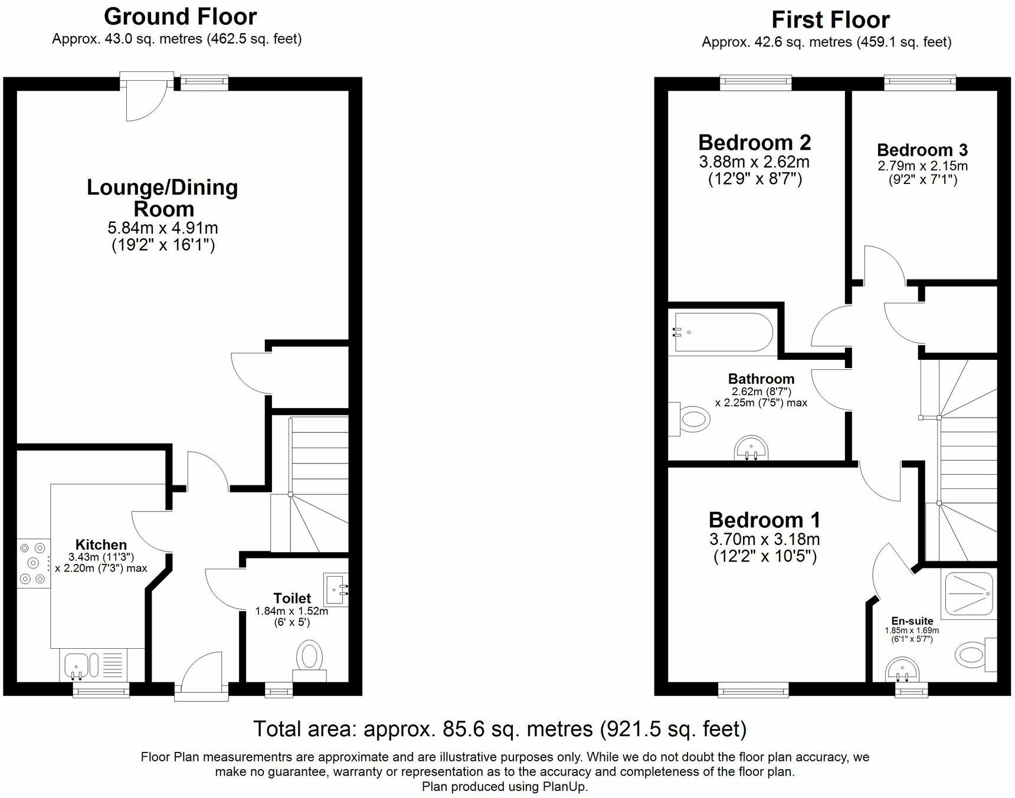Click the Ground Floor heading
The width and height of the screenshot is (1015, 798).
(x=180, y=17)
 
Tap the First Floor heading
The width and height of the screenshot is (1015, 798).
(x=830, y=20)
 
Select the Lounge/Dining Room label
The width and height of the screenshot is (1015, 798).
(x=162, y=198)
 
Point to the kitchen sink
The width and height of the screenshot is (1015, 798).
(x=76, y=665)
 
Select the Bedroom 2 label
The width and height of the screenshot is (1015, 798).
(x=754, y=142)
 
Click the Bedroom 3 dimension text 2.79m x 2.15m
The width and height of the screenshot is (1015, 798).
(x=922, y=166)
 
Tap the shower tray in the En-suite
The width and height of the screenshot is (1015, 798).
(x=970, y=593)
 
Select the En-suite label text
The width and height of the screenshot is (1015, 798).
(x=912, y=621)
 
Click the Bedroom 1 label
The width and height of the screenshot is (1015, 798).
(x=764, y=520)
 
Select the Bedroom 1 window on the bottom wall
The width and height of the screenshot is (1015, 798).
(x=753, y=689)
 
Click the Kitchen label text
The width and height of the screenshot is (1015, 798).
(x=101, y=545)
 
